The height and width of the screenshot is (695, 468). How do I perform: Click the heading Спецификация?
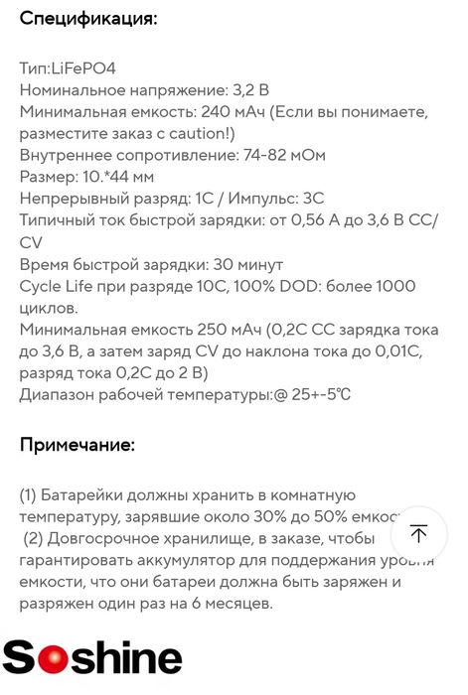pyautogui.click(x=88, y=19)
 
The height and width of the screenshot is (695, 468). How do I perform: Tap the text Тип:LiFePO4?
pyautogui.click(x=68, y=68)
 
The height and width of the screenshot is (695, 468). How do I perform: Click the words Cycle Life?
pyautogui.click(x=61, y=287)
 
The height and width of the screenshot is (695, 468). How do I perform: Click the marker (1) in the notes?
pyautogui.click(x=30, y=495)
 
